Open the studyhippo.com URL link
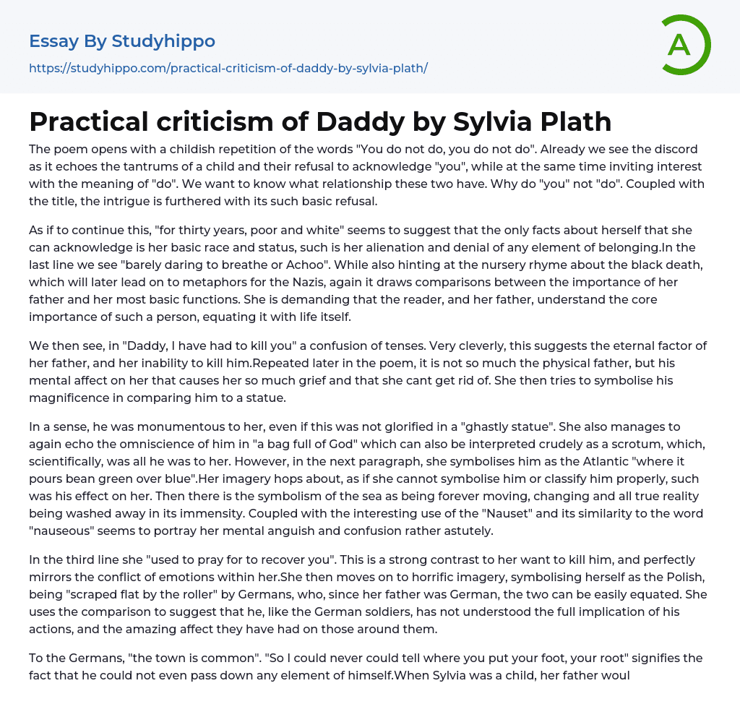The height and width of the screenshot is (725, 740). [x=228, y=68]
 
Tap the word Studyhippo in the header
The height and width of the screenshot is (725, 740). [x=163, y=41]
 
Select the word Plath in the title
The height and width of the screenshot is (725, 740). [x=570, y=121]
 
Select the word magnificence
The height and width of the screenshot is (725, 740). [x=74, y=397]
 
